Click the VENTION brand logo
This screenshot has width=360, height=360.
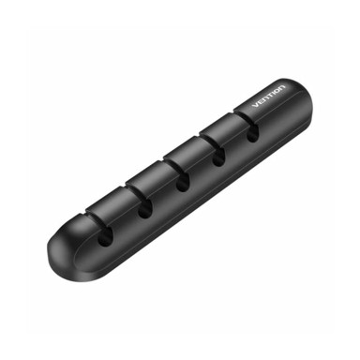click(x=269, y=96)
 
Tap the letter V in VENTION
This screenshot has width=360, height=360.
click(x=255, y=105)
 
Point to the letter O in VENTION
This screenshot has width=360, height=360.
click(x=277, y=90)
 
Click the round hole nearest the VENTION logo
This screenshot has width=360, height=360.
click(x=252, y=133)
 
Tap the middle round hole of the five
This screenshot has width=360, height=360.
click(x=182, y=182)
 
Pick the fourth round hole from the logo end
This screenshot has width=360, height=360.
click(x=145, y=208)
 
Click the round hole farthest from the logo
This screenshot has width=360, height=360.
click(x=106, y=236)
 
